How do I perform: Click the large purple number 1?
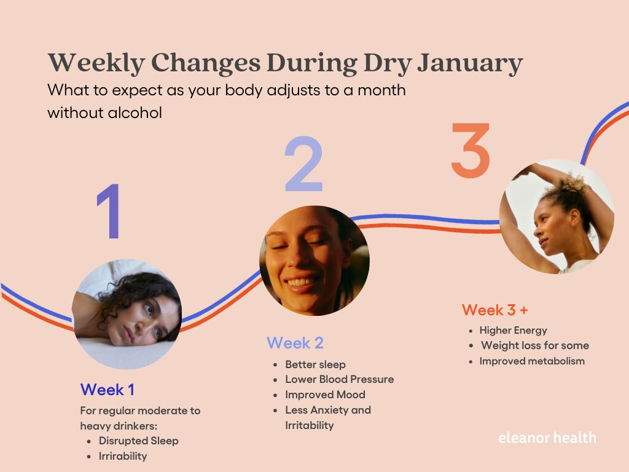[109, 211]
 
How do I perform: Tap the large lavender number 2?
[303, 165]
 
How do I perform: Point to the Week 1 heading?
[107, 390]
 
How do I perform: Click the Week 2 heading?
[295, 343]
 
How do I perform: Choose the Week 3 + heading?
[495, 310]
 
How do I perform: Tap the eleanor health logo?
[547, 438]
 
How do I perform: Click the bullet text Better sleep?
[315, 364]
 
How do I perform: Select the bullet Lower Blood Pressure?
[339, 379]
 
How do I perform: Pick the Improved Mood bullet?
[325, 395]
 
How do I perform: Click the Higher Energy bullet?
[513, 330]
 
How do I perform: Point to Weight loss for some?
[534, 345]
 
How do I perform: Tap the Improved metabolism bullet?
[532, 361]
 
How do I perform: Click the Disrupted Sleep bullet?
[138, 441]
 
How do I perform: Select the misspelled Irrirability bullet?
[122, 456]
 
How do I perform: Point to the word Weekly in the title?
[96, 63]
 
